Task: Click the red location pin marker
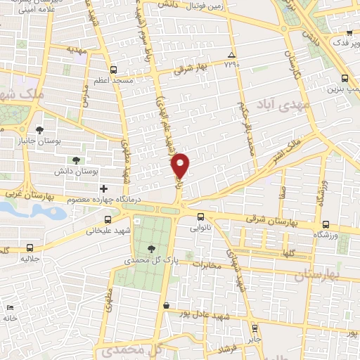tap(181, 165)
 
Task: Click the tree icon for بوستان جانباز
tap(40, 130)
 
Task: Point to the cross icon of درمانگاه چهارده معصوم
tap(104, 188)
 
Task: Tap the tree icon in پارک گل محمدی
tap(153, 248)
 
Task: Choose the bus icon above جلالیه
tap(30, 247)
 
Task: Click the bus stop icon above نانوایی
tap(201, 217)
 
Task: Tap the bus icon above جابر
tap(253, 328)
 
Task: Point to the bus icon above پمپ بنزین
tap(344, 79)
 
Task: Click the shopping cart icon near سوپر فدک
tap(349, 32)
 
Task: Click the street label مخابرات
tap(206, 266)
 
